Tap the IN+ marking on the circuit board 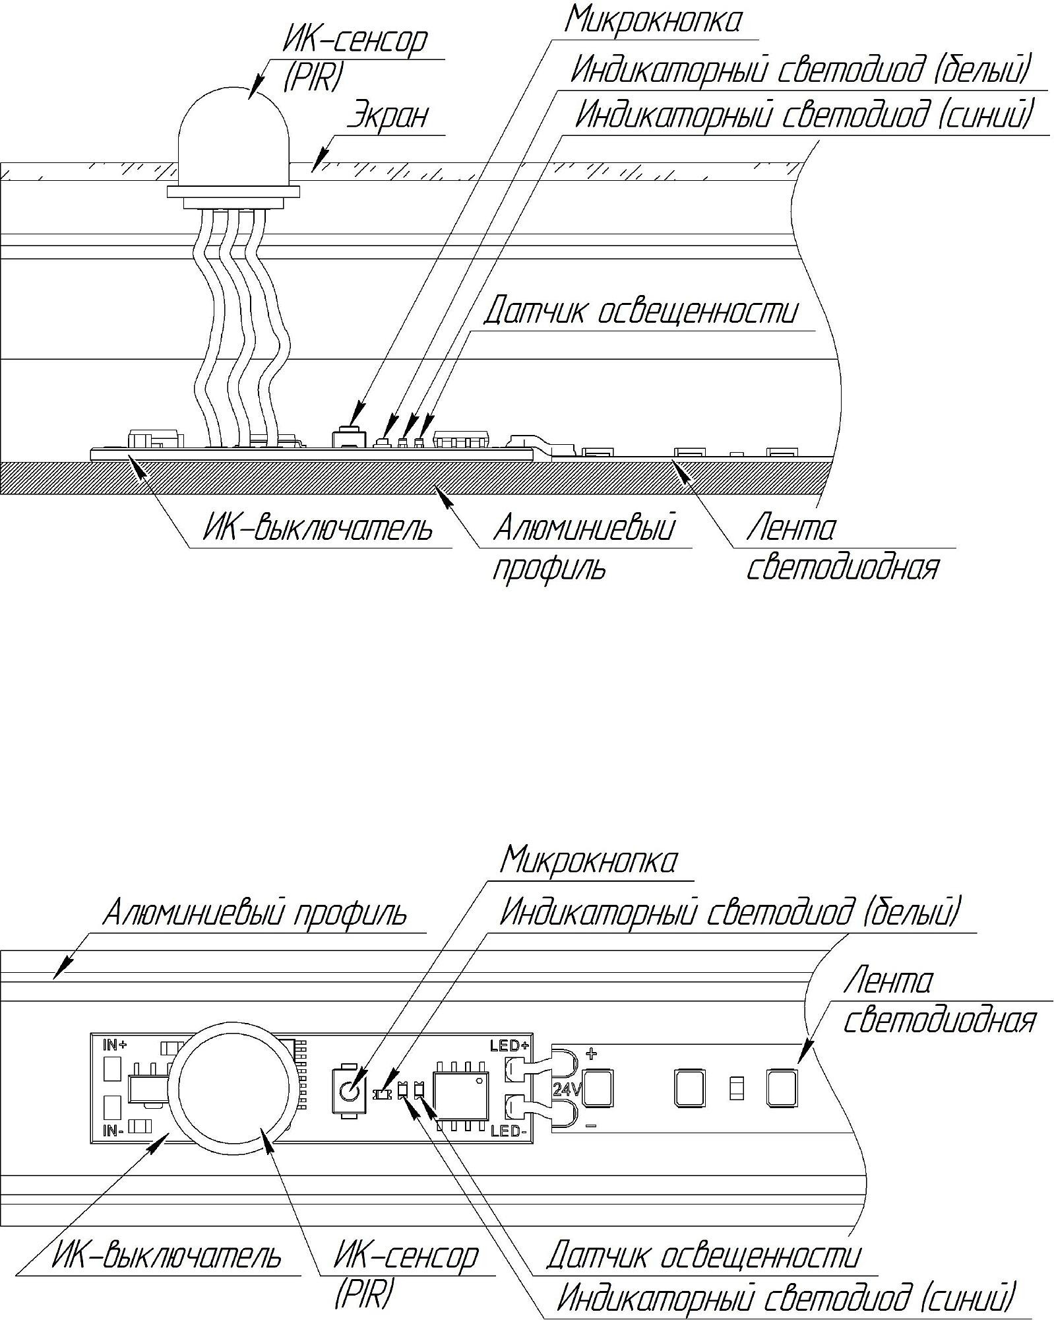pyautogui.click(x=115, y=1045)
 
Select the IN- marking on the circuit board pyautogui.click(x=114, y=1131)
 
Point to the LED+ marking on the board pyautogui.click(x=509, y=1045)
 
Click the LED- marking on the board pyautogui.click(x=509, y=1132)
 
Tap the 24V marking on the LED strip pyautogui.click(x=566, y=1090)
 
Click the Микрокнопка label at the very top pyautogui.click(x=652, y=20)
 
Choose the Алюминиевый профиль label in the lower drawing pyautogui.click(x=255, y=914)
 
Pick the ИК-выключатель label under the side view pyautogui.click(x=317, y=529)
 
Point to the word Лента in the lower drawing pyautogui.click(x=888, y=981)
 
